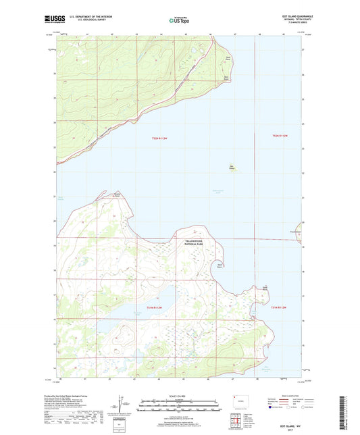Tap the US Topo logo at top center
(179, 20)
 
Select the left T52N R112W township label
(161, 139)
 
